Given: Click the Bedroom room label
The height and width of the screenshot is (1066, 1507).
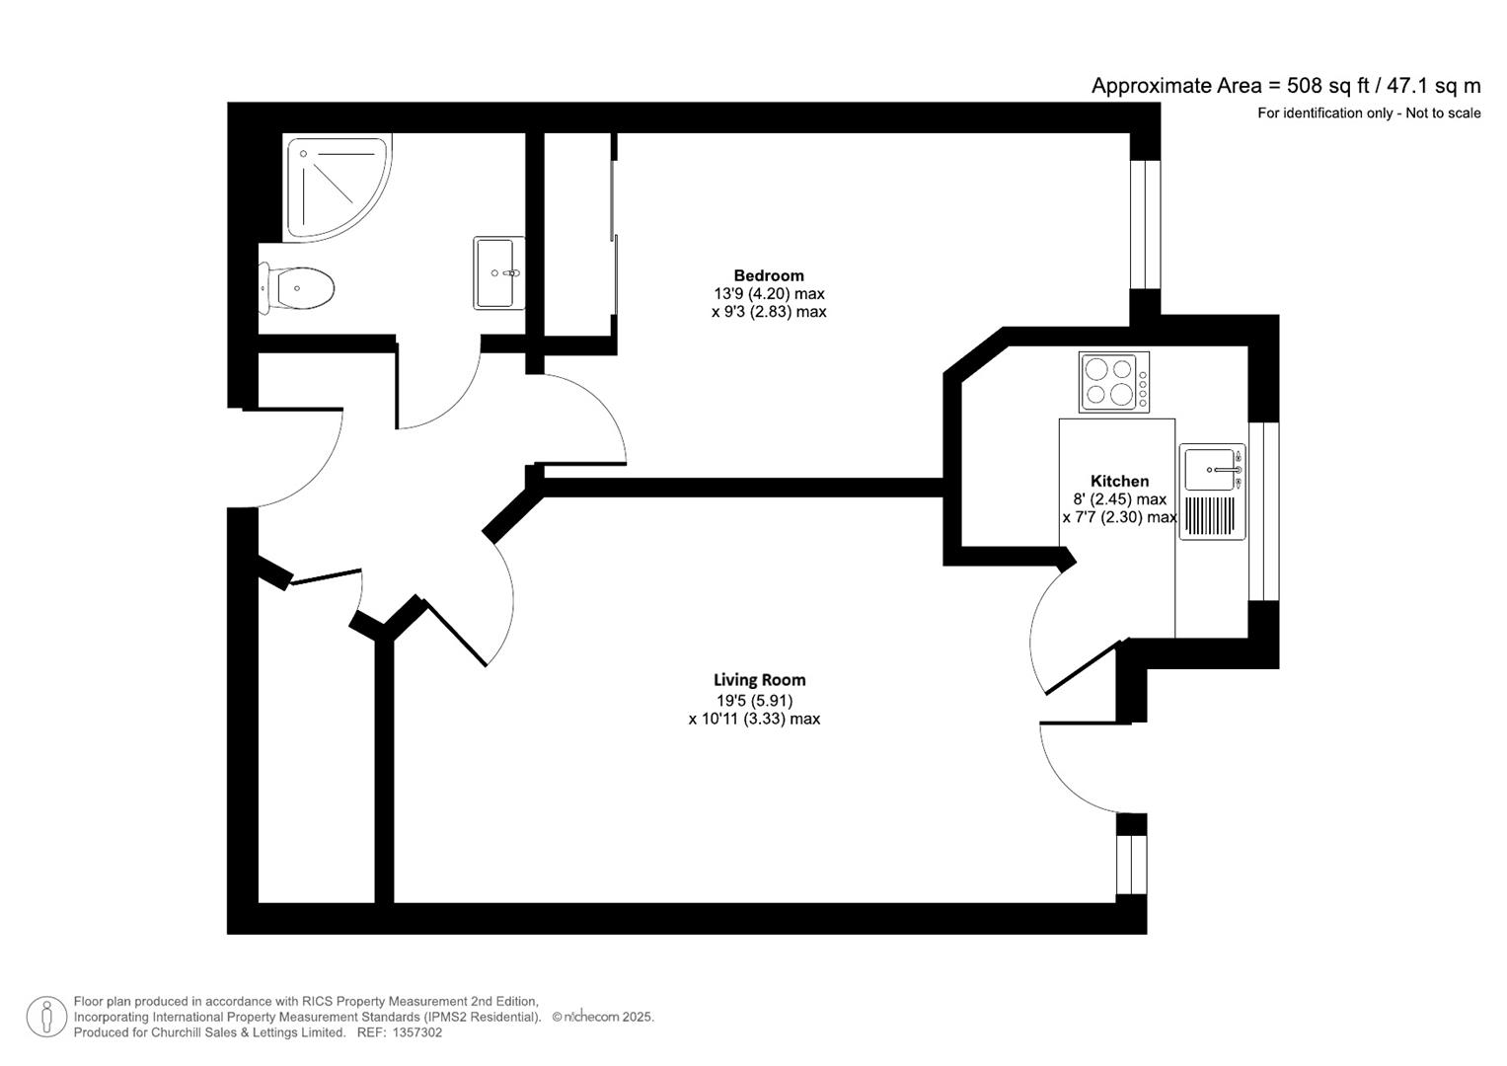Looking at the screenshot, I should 768,275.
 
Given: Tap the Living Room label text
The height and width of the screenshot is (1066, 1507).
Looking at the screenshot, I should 759,680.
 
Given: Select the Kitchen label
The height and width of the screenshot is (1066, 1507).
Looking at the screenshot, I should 1119,481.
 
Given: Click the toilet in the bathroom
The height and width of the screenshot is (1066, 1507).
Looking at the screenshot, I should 299,288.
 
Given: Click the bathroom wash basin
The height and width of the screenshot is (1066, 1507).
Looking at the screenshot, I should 498,272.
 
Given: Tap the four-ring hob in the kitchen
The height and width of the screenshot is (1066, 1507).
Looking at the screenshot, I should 1113,382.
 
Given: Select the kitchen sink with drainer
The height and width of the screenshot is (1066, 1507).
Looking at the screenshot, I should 1212,492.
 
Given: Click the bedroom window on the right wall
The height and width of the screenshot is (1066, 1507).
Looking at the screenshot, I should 1145,224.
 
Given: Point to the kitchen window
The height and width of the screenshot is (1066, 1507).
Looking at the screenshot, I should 1263,511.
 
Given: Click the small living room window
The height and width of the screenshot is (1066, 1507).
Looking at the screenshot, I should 1132,864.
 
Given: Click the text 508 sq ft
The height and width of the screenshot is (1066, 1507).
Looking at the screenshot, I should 1328,86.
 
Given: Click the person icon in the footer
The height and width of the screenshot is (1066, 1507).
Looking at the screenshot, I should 46,1017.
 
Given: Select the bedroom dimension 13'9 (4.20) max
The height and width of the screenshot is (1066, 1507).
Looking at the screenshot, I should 769,293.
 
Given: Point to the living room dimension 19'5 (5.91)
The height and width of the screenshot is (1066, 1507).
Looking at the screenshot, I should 755,700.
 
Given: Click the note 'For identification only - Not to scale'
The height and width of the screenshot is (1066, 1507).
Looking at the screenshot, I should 1368,114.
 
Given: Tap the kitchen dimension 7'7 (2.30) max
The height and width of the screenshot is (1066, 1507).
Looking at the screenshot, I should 1119,517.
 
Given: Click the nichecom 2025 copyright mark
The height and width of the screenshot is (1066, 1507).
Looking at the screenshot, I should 602,1017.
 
